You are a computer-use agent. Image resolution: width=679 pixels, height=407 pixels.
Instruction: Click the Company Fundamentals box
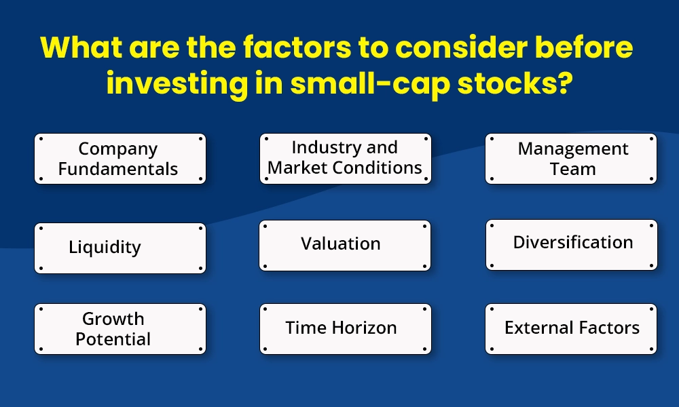(x=120, y=159)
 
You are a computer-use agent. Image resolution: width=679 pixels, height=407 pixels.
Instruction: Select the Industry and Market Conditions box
(x=345, y=158)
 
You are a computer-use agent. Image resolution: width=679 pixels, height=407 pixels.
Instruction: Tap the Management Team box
(x=571, y=159)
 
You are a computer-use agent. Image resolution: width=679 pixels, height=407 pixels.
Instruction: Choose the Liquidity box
(x=120, y=248)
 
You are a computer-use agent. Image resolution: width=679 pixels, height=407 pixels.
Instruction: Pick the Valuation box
(x=345, y=245)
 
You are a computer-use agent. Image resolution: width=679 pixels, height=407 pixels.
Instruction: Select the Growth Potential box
(x=120, y=329)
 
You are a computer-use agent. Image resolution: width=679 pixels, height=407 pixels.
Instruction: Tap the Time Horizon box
(x=345, y=329)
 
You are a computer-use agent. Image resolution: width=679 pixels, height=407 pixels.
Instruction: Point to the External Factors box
(x=571, y=329)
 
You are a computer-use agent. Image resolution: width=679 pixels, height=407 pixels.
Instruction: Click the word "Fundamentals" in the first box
(x=118, y=169)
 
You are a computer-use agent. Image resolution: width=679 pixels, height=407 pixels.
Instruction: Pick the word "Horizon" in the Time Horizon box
(x=364, y=328)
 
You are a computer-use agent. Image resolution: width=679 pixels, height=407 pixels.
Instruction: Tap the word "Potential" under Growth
(x=113, y=339)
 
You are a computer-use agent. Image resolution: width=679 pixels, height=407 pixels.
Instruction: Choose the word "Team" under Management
(x=572, y=169)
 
